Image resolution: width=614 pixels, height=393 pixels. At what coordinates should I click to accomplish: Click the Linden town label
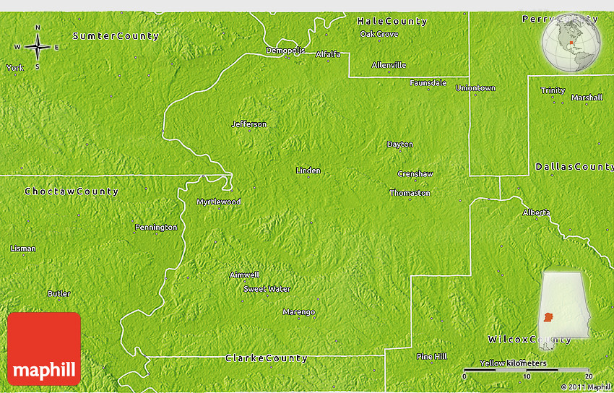point(308,170)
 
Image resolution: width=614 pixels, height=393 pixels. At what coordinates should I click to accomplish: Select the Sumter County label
point(116,35)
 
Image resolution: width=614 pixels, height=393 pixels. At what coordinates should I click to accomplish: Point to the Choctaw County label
point(72,191)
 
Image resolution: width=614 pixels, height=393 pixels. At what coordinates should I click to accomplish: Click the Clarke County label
point(267,358)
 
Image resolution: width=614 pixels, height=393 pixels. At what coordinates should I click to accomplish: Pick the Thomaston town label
point(410,193)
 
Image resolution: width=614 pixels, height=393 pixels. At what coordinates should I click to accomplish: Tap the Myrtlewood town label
point(218,202)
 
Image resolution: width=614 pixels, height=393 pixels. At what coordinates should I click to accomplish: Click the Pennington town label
point(156,228)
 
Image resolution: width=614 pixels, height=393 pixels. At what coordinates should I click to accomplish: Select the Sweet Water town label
point(267,289)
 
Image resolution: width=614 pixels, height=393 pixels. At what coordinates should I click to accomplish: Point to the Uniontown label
point(475,88)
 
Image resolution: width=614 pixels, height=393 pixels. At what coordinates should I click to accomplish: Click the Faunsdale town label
point(428,82)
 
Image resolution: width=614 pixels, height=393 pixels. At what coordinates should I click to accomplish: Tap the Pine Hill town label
point(431,356)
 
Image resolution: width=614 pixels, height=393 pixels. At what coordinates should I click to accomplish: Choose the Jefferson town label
point(248,124)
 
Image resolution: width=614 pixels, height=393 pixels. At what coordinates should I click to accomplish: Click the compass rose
point(37,47)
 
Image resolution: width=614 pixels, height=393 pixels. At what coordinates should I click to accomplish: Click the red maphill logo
point(44,349)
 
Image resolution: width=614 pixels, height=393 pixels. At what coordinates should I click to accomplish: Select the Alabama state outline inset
point(563,303)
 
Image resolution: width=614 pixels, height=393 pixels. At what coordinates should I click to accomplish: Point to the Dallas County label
point(574,167)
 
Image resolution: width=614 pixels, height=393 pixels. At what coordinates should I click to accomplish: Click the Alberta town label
point(536,212)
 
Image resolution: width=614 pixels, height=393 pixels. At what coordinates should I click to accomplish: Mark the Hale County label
point(392,22)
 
